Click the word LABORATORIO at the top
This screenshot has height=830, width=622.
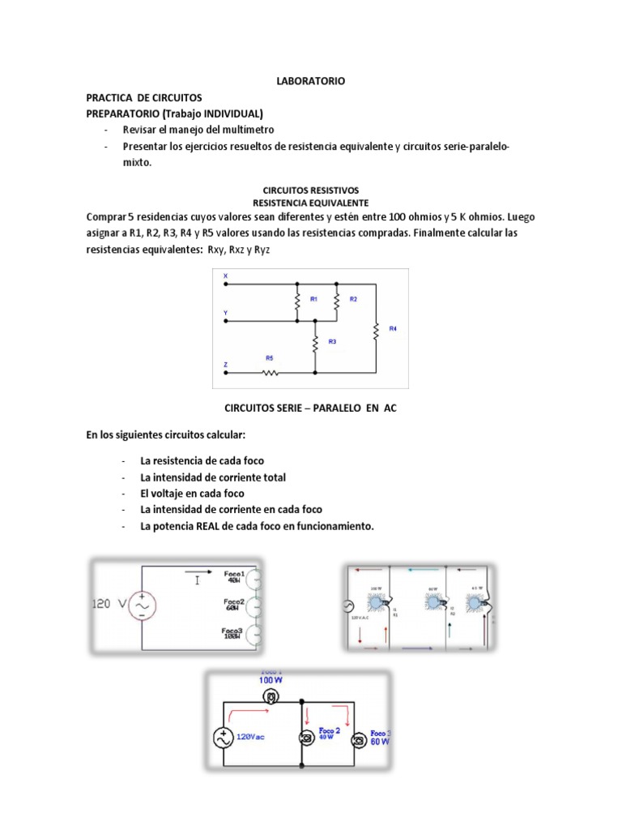[311, 81]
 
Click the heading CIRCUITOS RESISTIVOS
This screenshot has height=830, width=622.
[311, 190]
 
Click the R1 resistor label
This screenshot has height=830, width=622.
[313, 299]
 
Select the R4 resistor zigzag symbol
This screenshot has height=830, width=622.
[376, 331]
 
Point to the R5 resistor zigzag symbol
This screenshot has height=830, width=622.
[270, 374]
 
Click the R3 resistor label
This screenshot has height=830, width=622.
[332, 341]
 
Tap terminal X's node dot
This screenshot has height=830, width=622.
[226, 284]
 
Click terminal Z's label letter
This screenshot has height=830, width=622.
[226, 364]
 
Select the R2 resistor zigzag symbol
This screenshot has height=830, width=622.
[336, 301]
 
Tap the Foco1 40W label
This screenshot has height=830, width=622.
[234, 576]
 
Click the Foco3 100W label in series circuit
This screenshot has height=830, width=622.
[234, 634]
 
